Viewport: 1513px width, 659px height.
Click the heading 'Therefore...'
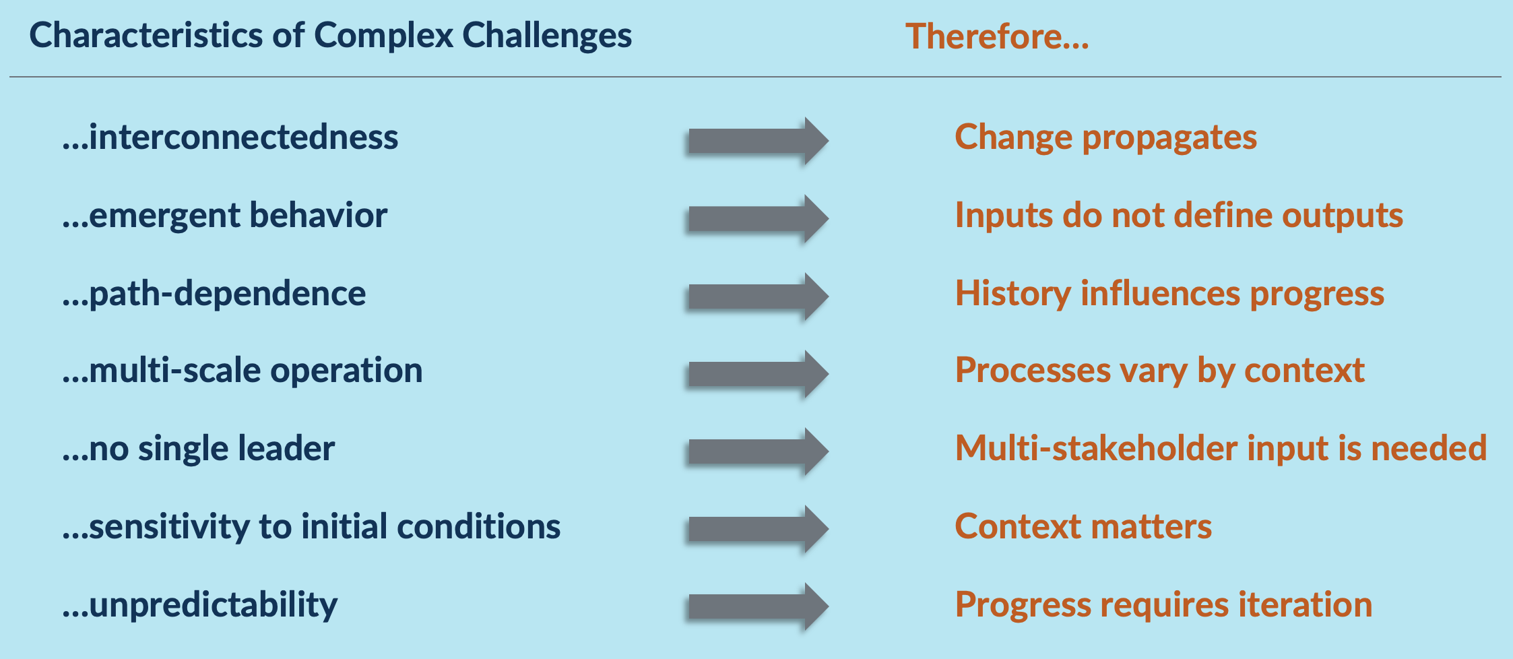(x=997, y=36)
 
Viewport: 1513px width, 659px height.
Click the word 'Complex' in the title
(x=383, y=36)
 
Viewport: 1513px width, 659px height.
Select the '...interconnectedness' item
(x=230, y=137)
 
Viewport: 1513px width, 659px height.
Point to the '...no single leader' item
(x=199, y=448)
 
